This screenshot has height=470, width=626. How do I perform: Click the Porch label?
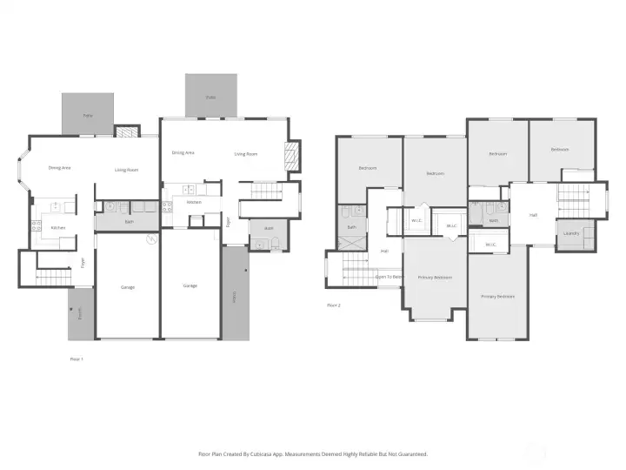point(80,314)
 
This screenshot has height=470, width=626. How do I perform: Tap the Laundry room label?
point(571,233)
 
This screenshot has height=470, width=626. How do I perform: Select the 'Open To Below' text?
point(389,277)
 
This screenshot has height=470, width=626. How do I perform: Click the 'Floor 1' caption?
point(77,358)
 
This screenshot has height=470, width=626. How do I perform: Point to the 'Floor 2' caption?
point(333,305)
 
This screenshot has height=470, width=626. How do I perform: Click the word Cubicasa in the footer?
point(270,453)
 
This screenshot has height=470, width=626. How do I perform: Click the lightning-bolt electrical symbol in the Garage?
point(151,238)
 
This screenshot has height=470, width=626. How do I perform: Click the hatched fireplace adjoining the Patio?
point(126,133)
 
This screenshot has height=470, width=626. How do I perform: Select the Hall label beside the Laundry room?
point(532,215)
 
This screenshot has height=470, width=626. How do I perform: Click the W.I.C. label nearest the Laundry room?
point(490,245)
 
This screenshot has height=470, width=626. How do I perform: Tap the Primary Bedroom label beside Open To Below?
point(435,278)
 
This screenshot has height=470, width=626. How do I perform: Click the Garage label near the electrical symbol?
point(127,286)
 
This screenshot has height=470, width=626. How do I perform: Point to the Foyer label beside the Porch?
point(83,261)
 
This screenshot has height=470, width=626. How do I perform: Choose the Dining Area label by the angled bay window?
point(59,167)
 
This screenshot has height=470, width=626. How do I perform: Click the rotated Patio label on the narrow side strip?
point(233,296)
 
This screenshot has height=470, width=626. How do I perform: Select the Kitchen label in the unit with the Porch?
point(57,228)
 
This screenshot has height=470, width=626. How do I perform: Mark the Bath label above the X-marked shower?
point(352,227)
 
